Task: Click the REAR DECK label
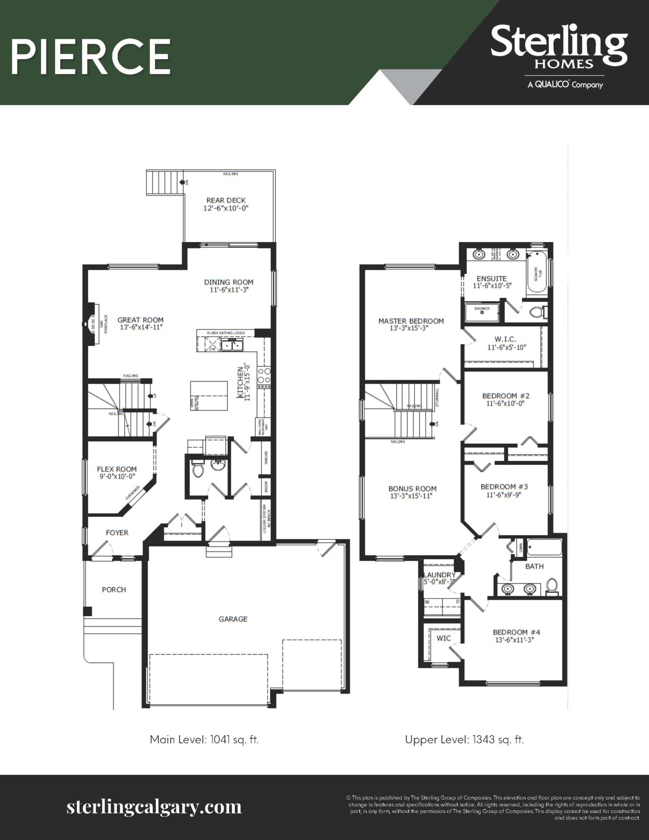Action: pyautogui.click(x=226, y=200)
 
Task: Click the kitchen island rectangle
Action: pyautogui.click(x=209, y=395)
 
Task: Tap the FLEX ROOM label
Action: pyautogui.click(x=117, y=469)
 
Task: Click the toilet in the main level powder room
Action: pyautogui.click(x=198, y=470)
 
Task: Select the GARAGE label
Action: pyautogui.click(x=233, y=619)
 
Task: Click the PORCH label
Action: pyautogui.click(x=114, y=590)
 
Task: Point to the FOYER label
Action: pyautogui.click(x=117, y=532)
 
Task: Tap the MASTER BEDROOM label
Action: pyautogui.click(x=411, y=321)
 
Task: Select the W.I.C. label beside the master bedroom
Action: pyautogui.click(x=506, y=339)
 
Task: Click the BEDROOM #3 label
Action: pyautogui.click(x=504, y=486)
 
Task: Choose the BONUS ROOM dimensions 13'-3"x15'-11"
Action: pyautogui.click(x=412, y=496)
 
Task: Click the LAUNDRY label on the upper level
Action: pyautogui.click(x=440, y=575)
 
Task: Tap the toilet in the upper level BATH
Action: pyautogui.click(x=552, y=587)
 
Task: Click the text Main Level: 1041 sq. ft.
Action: pyautogui.click(x=204, y=739)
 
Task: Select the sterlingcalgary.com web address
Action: pyautogui.click(x=154, y=806)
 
